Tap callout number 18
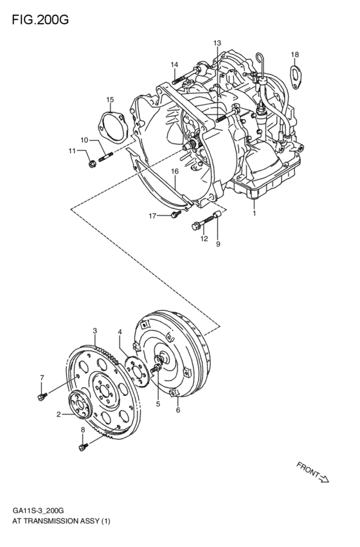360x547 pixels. (x=294, y=54)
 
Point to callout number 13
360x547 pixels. (x=217, y=43)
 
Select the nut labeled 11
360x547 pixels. (x=92, y=161)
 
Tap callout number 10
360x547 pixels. (x=84, y=139)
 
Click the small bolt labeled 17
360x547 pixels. (x=175, y=215)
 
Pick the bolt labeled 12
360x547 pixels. (x=198, y=224)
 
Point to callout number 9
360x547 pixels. (x=218, y=244)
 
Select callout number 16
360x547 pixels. (x=174, y=171)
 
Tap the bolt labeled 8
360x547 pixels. (x=82, y=444)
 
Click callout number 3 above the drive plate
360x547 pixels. (x=94, y=331)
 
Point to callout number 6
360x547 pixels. (x=178, y=410)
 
